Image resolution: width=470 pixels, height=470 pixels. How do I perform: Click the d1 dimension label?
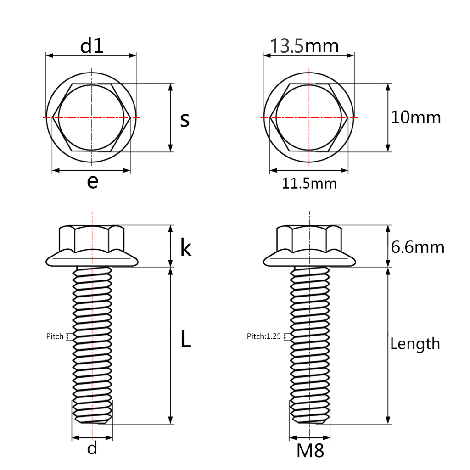(x=92, y=46)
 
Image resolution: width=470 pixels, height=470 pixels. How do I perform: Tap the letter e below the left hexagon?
(x=92, y=182)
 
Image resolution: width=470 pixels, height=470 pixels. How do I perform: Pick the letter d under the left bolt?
(x=92, y=448)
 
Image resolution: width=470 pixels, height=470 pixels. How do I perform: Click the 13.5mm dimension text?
(x=304, y=46)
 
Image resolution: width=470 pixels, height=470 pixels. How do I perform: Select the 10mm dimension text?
(x=415, y=117)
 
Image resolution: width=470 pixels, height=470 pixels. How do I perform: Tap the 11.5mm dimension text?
(x=309, y=184)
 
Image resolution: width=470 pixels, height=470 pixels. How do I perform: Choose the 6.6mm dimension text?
(x=418, y=247)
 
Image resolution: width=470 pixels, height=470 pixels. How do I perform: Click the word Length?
(x=415, y=344)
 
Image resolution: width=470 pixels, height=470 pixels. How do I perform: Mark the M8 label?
(x=310, y=451)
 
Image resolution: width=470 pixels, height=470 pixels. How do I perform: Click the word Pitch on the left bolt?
(x=55, y=336)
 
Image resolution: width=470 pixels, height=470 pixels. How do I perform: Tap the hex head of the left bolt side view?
(x=92, y=238)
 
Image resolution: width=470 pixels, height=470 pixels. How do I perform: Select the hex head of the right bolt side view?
(x=309, y=238)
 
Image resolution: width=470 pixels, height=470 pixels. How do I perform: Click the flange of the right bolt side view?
(x=309, y=260)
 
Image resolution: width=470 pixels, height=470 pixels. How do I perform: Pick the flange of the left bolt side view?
(x=92, y=260)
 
